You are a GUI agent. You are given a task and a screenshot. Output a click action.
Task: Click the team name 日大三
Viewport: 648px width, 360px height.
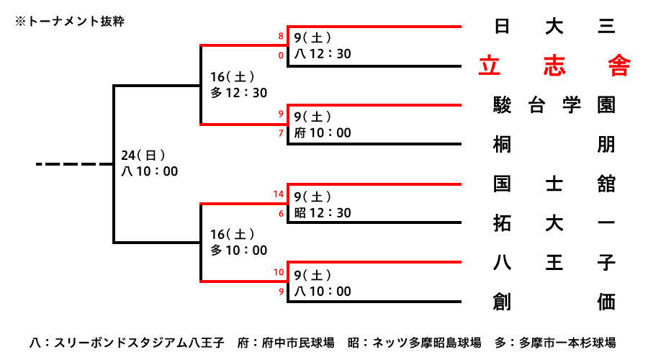click(554, 27)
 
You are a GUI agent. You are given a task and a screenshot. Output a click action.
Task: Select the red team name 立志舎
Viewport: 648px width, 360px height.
click(554, 66)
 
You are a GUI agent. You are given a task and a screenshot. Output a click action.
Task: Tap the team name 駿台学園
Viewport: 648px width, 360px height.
click(554, 105)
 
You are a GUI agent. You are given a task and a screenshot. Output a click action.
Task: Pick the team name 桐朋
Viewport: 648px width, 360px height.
click(554, 144)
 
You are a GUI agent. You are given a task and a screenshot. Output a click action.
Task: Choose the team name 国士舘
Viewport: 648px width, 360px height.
click(554, 184)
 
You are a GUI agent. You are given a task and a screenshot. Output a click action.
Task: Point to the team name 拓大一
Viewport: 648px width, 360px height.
click(554, 223)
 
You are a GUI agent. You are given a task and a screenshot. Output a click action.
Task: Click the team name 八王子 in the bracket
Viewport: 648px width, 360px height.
click(554, 263)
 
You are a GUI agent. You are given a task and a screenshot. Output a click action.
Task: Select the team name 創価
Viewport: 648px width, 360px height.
click(554, 302)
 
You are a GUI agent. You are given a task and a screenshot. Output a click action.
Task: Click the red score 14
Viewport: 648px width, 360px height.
click(279, 194)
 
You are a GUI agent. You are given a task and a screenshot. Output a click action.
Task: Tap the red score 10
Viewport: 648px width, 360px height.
click(279, 272)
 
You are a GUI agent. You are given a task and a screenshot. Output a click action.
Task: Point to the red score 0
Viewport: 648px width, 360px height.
click(281, 55)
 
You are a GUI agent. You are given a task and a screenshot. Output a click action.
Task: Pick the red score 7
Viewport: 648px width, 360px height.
click(281, 133)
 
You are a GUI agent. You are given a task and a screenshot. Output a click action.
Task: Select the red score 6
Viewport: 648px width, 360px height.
click(281, 213)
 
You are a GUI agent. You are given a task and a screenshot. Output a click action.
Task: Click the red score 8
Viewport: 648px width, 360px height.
click(281, 36)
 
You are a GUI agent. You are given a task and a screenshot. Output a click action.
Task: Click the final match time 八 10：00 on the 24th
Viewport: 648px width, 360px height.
click(149, 171)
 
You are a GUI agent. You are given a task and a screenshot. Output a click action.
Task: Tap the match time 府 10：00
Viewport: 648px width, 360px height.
click(323, 132)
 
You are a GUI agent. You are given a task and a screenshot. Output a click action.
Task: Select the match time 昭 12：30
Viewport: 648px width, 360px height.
click(323, 212)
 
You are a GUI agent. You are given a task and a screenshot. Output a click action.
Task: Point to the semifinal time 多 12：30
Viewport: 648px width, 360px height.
click(238, 92)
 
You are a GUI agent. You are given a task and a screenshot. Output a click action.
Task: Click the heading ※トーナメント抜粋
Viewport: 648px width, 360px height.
click(70, 22)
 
